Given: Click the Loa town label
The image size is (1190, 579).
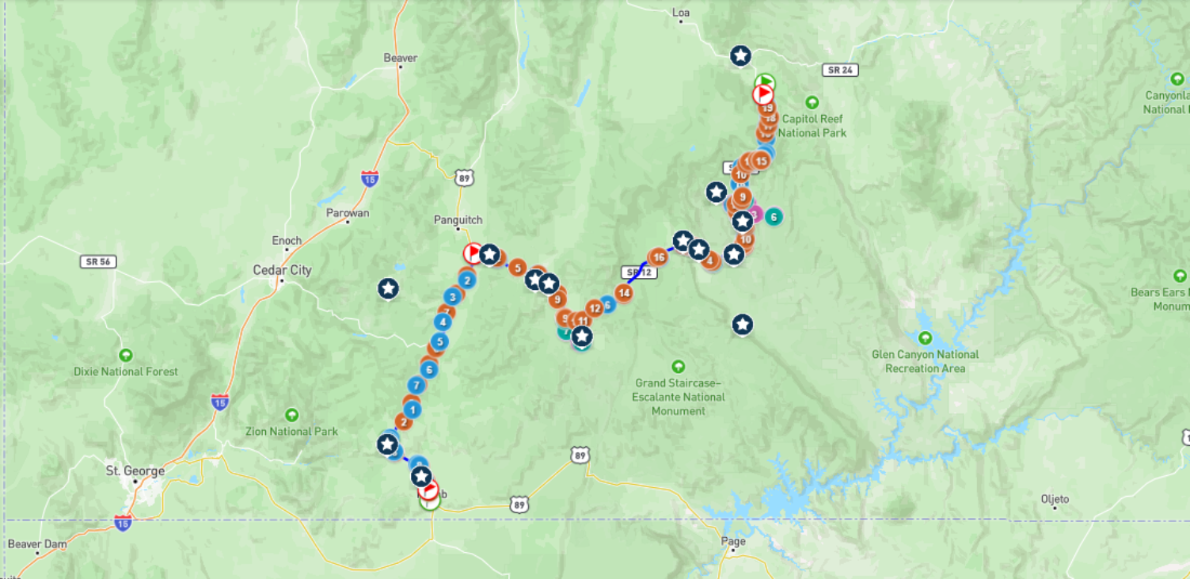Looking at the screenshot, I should pyautogui.click(x=680, y=13).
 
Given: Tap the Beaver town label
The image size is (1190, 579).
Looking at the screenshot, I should pyautogui.click(x=400, y=58).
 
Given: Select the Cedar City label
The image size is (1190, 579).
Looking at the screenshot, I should pyautogui.click(x=282, y=270).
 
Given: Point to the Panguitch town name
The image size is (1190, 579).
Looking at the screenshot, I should pyautogui.click(x=458, y=219).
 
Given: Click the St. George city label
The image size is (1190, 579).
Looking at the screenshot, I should pyautogui.click(x=135, y=470).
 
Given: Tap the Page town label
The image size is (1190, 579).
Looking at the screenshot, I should pyautogui.click(x=733, y=542).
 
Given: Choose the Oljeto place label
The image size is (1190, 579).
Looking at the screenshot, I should pyautogui.click(x=1055, y=499).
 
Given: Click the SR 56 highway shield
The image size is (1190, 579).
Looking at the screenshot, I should pyautogui.click(x=98, y=261).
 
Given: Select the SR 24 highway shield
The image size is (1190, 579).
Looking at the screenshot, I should pyautogui.click(x=840, y=70).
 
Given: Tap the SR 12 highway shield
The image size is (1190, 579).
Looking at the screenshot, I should pyautogui.click(x=638, y=272).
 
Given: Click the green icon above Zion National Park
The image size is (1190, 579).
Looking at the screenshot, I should pyautogui.click(x=291, y=415).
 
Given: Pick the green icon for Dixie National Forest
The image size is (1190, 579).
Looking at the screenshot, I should pyautogui.click(x=125, y=355).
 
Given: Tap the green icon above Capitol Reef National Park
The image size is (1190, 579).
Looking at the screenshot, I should pyautogui.click(x=812, y=102).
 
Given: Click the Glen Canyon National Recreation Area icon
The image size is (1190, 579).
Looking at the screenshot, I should pyautogui.click(x=925, y=337).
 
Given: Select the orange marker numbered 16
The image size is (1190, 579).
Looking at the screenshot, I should pyautogui.click(x=658, y=257).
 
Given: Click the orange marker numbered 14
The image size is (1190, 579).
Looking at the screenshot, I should pyautogui.click(x=624, y=293).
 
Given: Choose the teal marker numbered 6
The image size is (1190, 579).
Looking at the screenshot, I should pyautogui.click(x=774, y=215).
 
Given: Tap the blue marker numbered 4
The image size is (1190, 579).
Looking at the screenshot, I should pyautogui.click(x=443, y=322).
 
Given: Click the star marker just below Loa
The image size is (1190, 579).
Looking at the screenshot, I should pyautogui.click(x=740, y=55).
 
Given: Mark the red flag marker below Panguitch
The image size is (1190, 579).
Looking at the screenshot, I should pyautogui.click(x=473, y=253).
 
